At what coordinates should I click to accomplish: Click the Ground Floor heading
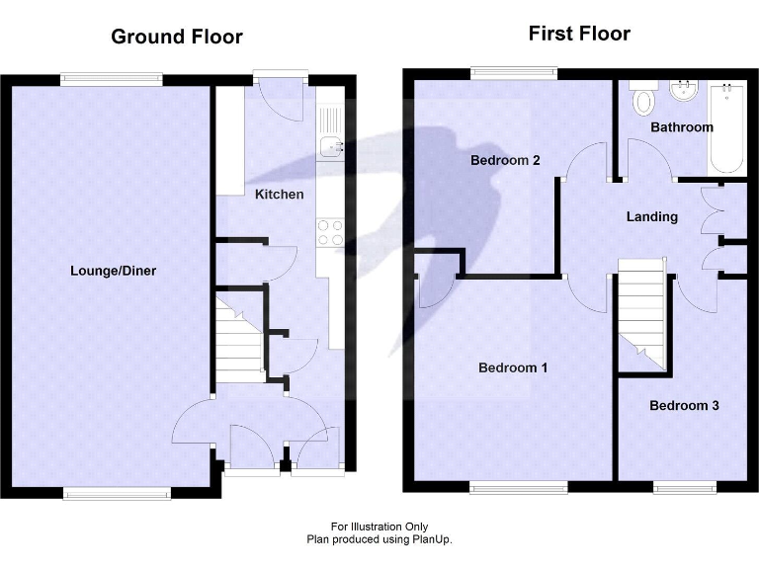pos(176,38)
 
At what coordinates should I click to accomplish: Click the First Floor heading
pos(579,35)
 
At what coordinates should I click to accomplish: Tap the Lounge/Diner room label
pos(113,271)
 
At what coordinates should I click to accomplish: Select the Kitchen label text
pos(280,195)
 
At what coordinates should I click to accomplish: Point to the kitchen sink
pos(330,149)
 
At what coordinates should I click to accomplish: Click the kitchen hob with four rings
pos(330,231)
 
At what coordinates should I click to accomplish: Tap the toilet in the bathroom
pos(644,97)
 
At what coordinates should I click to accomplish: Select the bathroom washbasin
pos(683,92)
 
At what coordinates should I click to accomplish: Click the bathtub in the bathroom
pos(726,128)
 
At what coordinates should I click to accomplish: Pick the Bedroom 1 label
pos(513,368)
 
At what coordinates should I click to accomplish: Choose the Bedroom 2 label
pos(504,160)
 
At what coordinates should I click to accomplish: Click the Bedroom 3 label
pos(684,405)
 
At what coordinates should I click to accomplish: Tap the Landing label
pos(652,216)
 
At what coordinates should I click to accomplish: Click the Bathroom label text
pos(681,127)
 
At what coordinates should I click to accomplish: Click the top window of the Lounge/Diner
pos(111,79)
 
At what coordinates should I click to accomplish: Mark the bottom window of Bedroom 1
pos(518,486)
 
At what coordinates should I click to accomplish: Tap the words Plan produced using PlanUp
pos(379,539)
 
